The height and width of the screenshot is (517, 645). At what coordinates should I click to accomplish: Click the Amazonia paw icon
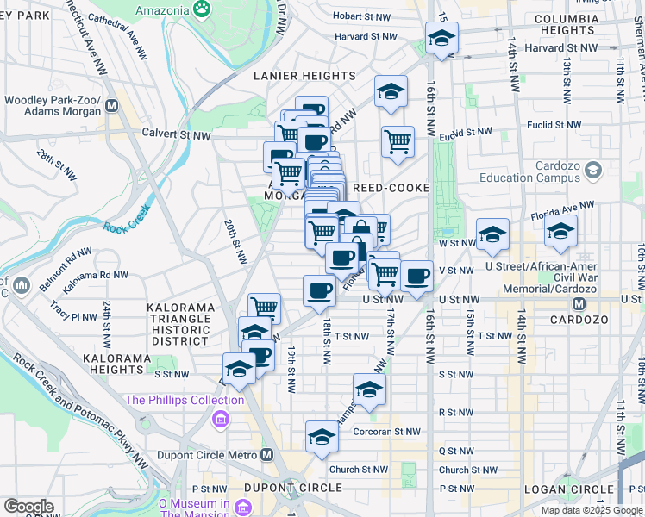click(203, 9)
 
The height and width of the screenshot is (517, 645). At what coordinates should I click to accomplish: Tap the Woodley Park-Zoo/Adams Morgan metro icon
click(111, 108)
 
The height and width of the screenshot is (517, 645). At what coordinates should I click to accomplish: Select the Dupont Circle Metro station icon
click(267, 454)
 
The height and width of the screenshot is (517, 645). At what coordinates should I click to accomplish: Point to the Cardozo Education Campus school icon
click(592, 171)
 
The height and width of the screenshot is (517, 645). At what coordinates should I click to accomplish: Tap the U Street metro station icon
click(580, 304)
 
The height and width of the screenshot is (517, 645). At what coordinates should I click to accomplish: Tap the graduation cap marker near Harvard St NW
click(441, 38)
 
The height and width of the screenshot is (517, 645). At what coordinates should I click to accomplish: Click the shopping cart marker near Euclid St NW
click(398, 141)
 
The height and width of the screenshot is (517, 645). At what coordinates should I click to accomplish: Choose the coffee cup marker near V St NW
click(417, 276)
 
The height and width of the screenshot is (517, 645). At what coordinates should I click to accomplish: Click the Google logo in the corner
click(28, 507)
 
